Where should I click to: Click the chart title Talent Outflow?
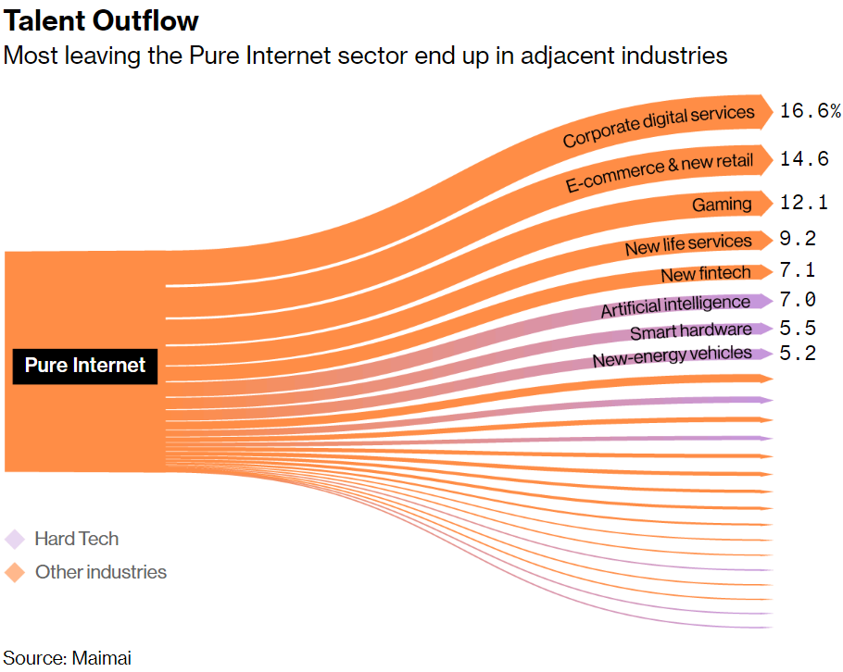101,20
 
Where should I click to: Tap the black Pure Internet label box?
85,365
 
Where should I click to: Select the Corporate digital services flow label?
659,126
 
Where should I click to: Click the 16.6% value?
810,111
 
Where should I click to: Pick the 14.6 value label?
803,158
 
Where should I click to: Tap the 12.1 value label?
803,202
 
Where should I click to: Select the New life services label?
688,244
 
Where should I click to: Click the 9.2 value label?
797,239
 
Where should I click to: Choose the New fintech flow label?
705,274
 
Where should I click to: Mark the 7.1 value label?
797,270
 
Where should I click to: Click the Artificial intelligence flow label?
675,305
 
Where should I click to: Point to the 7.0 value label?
797,300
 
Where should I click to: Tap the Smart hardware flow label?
691,331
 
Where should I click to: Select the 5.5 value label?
797,328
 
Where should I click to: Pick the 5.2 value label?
797,353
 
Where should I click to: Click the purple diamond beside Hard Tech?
15,539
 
